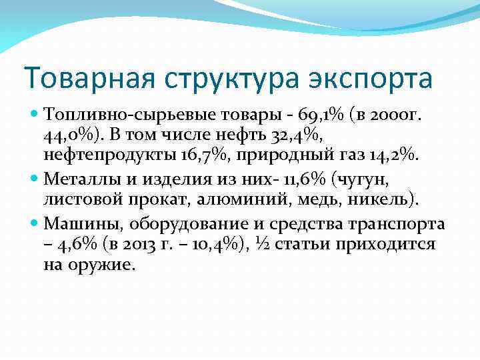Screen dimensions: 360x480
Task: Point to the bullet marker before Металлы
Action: click(x=34, y=177)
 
